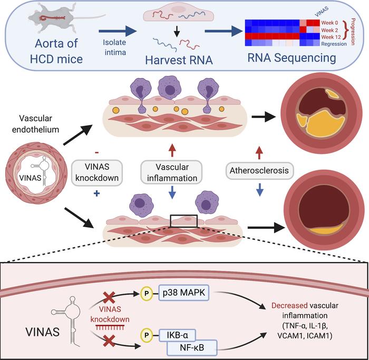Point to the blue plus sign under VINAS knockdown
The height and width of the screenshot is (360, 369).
coord(97,193)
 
